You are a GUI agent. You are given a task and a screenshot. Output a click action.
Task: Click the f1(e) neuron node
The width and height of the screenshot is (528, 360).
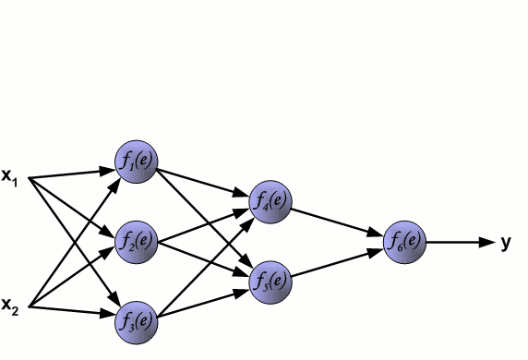(x=137, y=162)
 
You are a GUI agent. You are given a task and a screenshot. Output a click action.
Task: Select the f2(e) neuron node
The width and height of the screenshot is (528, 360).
(x=137, y=243)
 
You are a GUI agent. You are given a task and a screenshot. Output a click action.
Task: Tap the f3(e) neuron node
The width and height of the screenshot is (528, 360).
(x=137, y=322)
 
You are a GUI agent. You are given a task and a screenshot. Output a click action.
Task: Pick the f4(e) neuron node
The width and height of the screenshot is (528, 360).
(x=271, y=200)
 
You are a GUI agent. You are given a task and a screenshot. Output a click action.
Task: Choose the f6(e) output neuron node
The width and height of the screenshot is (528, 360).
(x=405, y=242)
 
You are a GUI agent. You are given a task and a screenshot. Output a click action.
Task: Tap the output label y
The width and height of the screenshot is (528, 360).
(x=506, y=243)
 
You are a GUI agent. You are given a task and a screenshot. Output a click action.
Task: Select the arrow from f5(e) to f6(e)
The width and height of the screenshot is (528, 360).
(x=338, y=260)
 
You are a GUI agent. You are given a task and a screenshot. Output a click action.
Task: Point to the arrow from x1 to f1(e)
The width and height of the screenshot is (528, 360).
(x=69, y=173)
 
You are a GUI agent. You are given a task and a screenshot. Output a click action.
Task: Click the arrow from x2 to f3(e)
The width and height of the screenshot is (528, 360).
(x=69, y=311)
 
